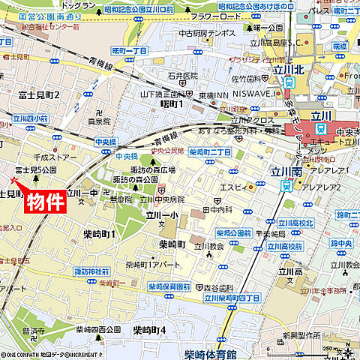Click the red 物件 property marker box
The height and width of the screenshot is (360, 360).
pos(45,202)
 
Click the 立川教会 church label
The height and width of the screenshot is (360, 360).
pos(208,245)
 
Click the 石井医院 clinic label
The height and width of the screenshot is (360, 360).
pos(182,76)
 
